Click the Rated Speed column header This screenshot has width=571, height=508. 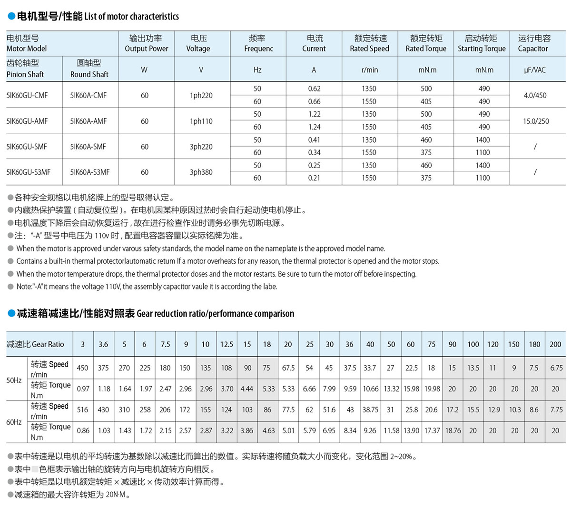370,43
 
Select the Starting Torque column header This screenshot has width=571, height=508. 482,43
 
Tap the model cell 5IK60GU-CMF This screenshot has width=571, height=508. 27,95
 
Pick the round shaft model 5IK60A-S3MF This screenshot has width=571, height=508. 90,172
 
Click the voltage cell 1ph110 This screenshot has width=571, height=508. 201,121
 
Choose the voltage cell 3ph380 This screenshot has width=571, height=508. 201,172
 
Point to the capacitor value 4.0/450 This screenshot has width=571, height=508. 535,95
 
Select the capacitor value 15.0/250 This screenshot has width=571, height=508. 536,121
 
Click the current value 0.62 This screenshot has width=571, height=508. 314,89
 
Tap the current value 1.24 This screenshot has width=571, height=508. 314,127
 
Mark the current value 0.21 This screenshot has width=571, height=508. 314,178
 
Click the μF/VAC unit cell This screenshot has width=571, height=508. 535,70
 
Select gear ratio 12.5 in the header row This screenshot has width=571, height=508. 226,344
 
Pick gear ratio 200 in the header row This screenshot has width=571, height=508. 555,344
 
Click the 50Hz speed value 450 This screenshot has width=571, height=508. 83,368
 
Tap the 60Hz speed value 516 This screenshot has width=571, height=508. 83,409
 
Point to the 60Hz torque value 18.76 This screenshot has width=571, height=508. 453,430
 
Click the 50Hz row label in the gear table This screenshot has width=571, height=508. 14,380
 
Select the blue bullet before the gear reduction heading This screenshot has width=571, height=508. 11,313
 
